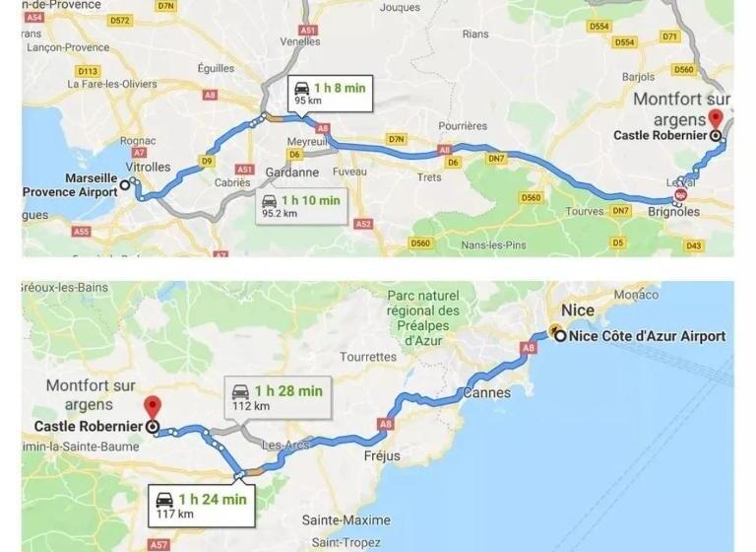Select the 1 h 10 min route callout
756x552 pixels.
coord(301,206)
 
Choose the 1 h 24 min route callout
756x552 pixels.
coord(201,506)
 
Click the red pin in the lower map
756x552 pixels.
coord(152,406)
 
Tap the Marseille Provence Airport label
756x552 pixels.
coord(69,184)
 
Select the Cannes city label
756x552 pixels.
coord(486,392)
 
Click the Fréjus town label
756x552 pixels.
coord(382,456)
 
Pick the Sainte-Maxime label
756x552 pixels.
coord(346,519)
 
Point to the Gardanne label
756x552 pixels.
coord(292,172)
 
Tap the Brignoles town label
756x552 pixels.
coord(674,212)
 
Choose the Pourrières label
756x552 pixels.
coord(463,126)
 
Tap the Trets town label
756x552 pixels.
coord(429,177)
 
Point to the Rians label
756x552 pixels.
coord(475,34)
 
